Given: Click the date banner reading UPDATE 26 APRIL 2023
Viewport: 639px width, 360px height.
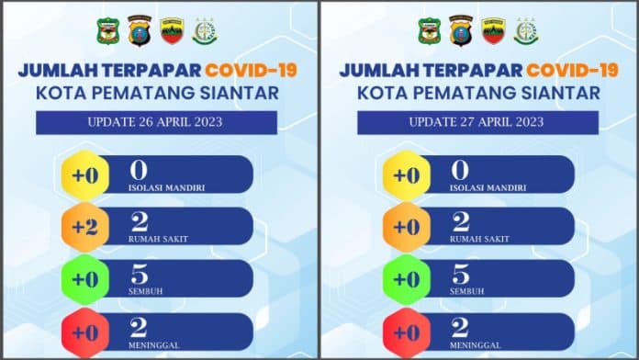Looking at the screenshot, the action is [x=156, y=122].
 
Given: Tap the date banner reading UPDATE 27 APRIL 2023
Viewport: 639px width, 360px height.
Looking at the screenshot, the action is [x=478, y=122].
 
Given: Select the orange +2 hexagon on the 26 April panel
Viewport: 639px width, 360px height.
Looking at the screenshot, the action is [x=85, y=227].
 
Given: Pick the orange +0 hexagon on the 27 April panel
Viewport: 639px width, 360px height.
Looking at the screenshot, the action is [x=407, y=227].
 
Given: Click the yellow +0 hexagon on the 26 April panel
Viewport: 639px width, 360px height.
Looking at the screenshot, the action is [x=85, y=175].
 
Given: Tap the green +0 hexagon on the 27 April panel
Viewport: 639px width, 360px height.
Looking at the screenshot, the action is [x=407, y=279].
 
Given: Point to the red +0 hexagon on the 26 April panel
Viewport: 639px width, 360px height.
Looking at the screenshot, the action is [x=85, y=332].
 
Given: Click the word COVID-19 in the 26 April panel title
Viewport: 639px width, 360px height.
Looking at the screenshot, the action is [x=251, y=70].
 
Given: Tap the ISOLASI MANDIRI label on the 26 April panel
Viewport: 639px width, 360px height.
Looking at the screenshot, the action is [x=167, y=188].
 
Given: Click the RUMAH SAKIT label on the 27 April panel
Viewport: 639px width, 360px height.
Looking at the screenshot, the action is [x=479, y=240].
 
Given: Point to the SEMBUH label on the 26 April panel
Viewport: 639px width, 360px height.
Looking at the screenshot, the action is [x=145, y=291].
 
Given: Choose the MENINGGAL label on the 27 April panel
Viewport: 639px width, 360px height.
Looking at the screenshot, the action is [x=476, y=345].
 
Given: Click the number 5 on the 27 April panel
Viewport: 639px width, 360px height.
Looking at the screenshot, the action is [x=461, y=275].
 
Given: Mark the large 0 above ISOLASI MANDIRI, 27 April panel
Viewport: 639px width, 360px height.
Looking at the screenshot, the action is [x=460, y=170].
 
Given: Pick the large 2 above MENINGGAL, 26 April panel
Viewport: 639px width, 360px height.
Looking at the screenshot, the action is [x=140, y=327].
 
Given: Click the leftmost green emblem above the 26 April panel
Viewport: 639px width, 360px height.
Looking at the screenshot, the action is [x=108, y=31].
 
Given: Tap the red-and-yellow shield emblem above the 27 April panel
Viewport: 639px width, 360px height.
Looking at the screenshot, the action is [x=494, y=31].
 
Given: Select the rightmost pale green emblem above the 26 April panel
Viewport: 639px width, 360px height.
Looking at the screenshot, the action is [x=205, y=31].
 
